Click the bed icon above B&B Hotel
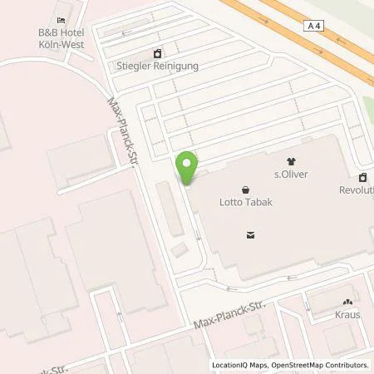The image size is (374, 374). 61,21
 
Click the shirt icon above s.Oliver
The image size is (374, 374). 291,161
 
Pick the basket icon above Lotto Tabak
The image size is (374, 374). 245,189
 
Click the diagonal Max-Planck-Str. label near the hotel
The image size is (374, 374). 123,133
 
